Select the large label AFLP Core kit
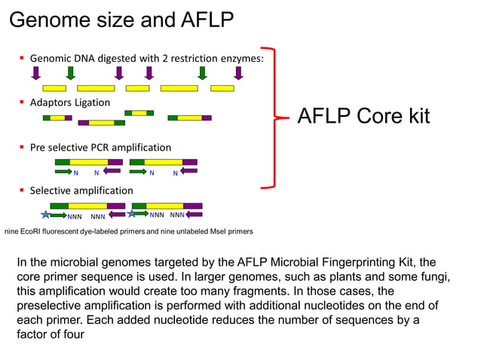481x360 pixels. tap(363, 116)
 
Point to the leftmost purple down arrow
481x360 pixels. tap(36, 72)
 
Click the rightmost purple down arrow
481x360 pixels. tap(238, 72)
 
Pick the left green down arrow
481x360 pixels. tap(70, 72)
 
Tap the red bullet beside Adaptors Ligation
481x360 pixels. tap(23, 102)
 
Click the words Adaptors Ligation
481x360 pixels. tap(69, 102)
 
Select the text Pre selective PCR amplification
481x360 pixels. tap(100, 147)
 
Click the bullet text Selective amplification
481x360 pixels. tap(81, 191)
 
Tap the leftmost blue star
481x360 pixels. tap(46, 215)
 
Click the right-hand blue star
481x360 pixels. tap(133, 215)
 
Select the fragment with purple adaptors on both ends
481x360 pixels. tap(96, 122)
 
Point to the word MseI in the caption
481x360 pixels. tap(208, 230)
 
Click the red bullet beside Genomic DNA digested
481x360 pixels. tap(23, 58)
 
